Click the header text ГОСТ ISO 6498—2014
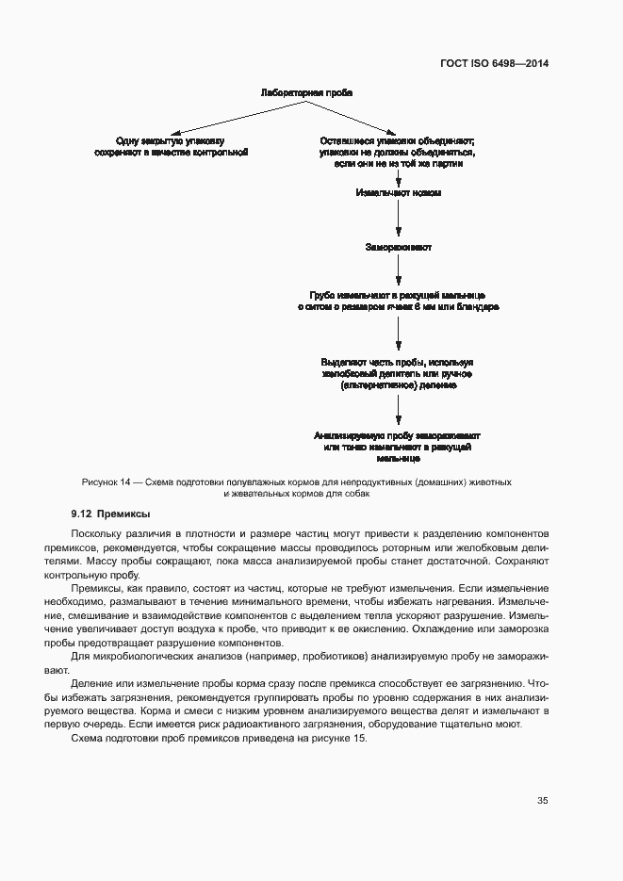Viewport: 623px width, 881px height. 494,64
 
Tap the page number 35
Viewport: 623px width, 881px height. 543,801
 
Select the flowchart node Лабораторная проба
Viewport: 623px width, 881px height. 305,94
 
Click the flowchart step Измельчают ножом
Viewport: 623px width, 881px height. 399,192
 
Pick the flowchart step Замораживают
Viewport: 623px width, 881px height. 399,248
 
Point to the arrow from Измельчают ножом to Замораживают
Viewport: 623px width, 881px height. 399,220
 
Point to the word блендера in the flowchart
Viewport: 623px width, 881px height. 478,306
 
